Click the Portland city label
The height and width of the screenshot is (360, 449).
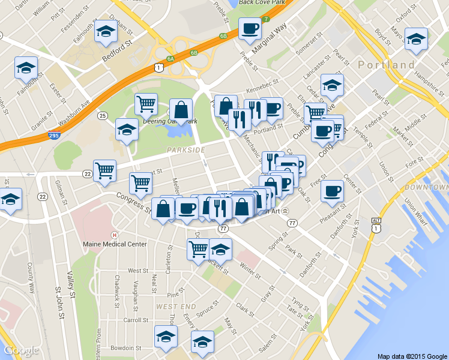click(x=387, y=64)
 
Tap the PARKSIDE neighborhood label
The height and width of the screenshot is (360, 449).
click(x=185, y=150)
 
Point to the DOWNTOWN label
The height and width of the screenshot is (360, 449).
click(x=426, y=188)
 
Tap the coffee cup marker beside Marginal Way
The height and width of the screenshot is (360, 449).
click(x=249, y=28)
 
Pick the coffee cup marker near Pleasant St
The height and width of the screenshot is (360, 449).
click(x=331, y=191)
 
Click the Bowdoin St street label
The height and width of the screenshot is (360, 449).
click(x=126, y=347)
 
